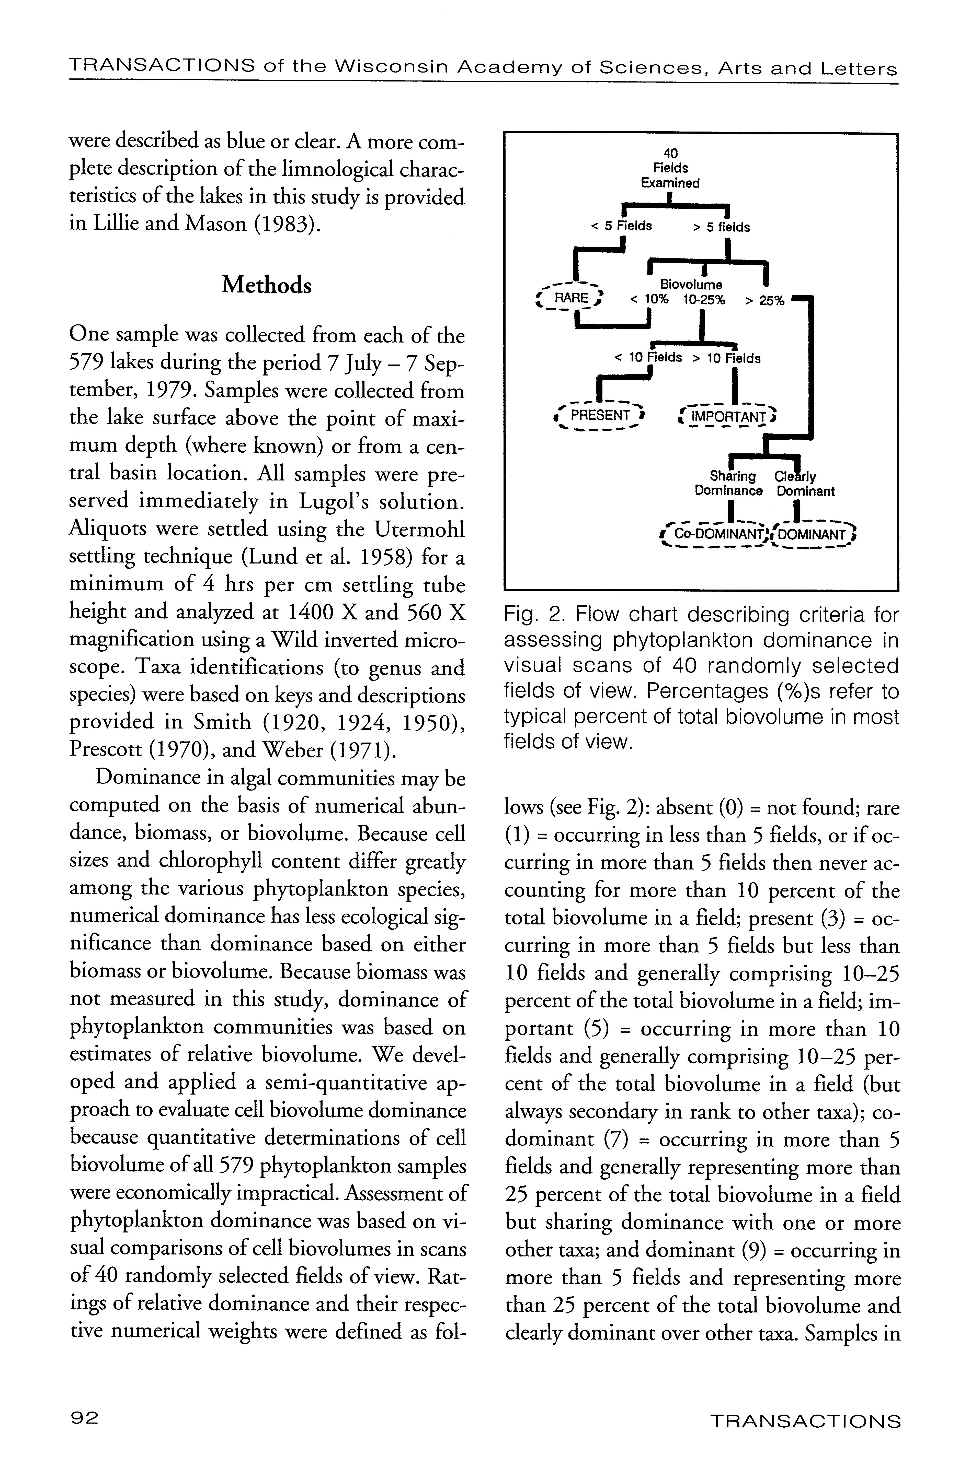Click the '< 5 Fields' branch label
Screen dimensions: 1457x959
click(x=621, y=226)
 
